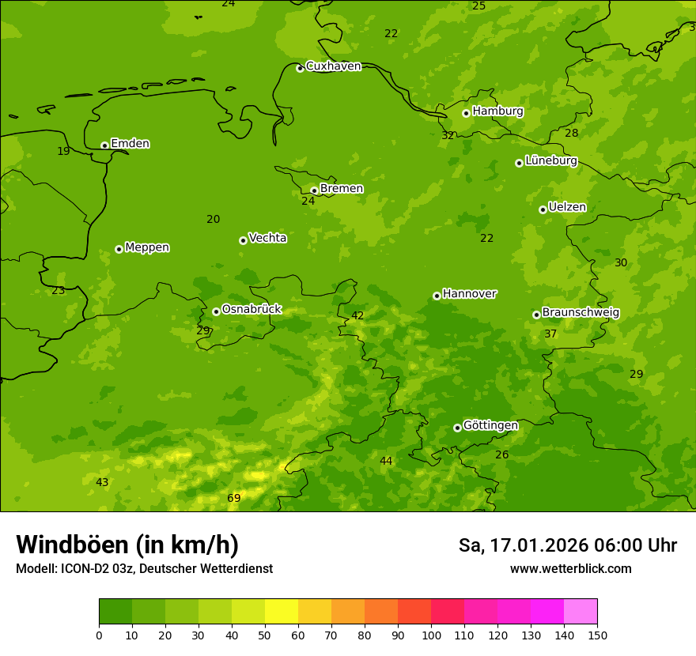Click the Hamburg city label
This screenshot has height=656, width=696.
coord(497,111)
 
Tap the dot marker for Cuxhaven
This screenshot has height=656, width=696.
coord(300,69)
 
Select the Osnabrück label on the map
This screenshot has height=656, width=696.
coord(252,310)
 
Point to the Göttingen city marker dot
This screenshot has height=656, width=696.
coord(457,428)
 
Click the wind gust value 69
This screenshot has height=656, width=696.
coord(234,498)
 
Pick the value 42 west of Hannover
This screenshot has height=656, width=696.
coord(357,315)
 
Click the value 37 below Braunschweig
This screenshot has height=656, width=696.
coord(550,334)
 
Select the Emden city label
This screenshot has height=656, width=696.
coord(130,144)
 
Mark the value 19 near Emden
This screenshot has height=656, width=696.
coord(63,151)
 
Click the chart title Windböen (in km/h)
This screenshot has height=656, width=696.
coord(127,545)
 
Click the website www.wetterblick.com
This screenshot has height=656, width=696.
coord(570,569)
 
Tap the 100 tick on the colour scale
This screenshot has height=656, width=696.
coord(431,635)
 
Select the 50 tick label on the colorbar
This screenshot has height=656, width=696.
coord(265,635)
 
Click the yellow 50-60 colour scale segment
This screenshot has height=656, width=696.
coord(282,612)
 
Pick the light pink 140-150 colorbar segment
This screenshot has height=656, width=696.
coord(581,612)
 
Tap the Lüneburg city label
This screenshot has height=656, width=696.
coord(550,160)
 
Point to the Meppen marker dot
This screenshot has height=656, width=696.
coord(119,249)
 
